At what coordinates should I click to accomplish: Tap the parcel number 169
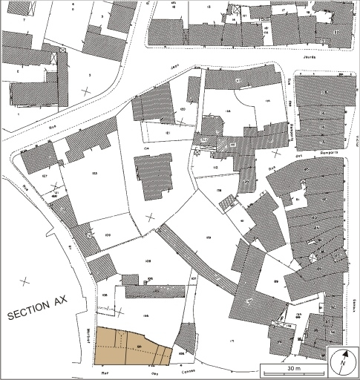(209, 237)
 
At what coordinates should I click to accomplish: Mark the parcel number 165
(146, 317)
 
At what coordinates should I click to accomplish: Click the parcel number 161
(168, 132)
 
